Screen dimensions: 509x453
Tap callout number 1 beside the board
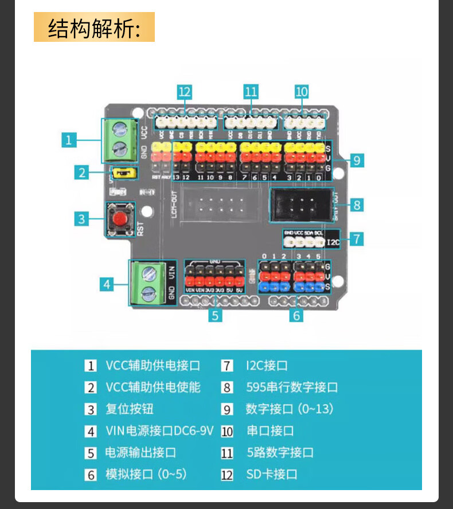pos(69,139)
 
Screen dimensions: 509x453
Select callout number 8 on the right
pos(357,204)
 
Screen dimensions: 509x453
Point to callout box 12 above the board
pos(184,91)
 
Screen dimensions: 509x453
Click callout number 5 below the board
pos(215,315)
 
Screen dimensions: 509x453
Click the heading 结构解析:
pos(94,28)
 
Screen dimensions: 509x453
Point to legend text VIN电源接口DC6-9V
pos(159,430)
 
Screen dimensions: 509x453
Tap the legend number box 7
pos(228,366)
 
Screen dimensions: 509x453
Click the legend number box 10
pos(228,431)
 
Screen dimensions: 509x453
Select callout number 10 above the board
pos(302,91)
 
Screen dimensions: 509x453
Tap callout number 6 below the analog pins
pos(296,315)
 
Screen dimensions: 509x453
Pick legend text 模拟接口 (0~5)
pos(146,474)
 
